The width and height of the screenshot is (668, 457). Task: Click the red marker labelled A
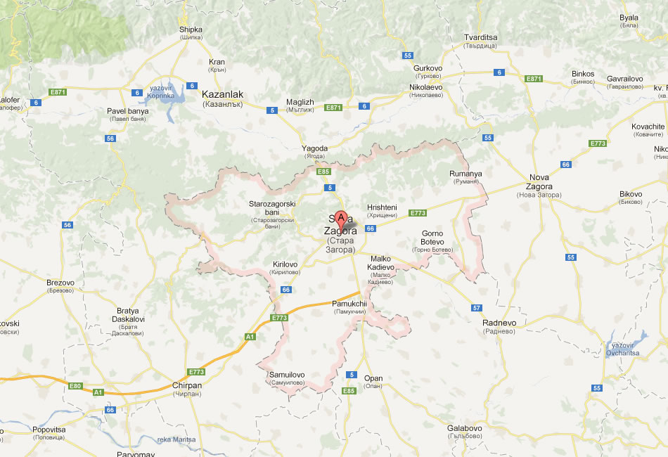pos(341,219)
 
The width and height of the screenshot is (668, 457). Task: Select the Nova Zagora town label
pos(539,186)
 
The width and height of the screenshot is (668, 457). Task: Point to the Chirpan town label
pos(186,385)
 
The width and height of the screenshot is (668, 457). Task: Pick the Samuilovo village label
pos(287,375)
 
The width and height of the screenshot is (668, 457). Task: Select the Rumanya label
pos(465,174)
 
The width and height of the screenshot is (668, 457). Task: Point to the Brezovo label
pos(60,283)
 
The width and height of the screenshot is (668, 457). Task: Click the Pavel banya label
pos(127,111)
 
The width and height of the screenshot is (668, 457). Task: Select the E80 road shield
pos(76,386)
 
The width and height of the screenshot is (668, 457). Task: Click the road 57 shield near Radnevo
pos(476,308)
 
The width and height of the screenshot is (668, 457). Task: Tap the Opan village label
pos(373,378)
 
